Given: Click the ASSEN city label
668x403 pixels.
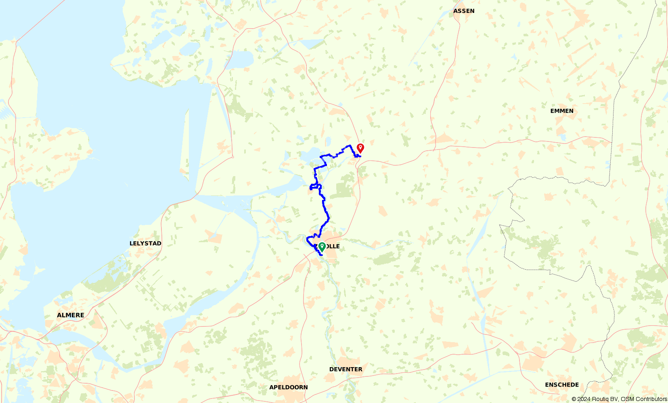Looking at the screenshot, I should [464, 11].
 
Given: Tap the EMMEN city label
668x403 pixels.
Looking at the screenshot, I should [561, 111].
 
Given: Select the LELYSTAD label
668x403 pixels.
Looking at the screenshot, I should [145, 243].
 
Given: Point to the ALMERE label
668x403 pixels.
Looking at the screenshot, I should [71, 315].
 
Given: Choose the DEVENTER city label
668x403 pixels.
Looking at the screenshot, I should [346, 369].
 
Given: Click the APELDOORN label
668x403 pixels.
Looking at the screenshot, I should [289, 387].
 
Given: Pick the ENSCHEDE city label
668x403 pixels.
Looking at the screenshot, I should [562, 385].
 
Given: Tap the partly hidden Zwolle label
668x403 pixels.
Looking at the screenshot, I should [333, 246].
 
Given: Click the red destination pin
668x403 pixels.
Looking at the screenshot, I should [360, 148].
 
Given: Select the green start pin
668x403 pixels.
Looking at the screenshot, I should [322, 246].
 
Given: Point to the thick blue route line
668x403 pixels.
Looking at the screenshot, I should [325, 210].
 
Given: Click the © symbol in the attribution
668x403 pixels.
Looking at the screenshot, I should [574, 399].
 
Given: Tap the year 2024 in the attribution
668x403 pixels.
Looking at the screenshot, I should [584, 399].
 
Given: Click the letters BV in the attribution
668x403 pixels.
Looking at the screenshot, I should [615, 399].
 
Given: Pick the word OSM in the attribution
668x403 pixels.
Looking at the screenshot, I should [627, 399].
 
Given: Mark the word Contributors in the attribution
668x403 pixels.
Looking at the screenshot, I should [651, 399].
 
